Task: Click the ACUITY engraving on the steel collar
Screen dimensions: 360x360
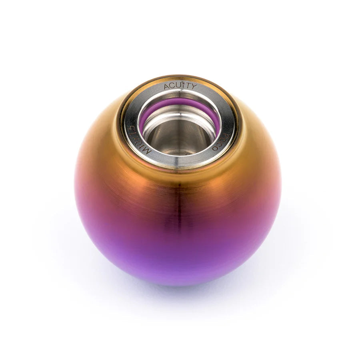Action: (x=180, y=86)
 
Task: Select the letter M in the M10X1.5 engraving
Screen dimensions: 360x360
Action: (x=148, y=151)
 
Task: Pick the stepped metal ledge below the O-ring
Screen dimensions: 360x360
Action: (x=180, y=116)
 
